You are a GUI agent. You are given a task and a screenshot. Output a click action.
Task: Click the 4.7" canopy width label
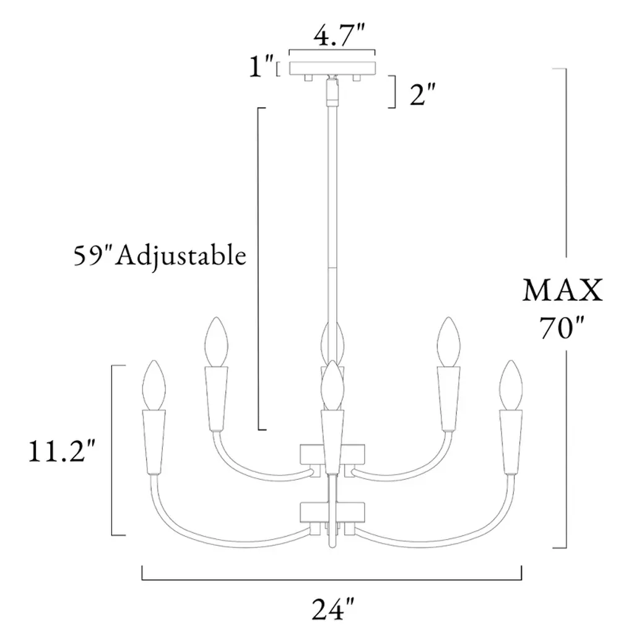[339, 36]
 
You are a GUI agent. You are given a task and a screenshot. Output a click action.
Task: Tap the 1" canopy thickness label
[261, 66]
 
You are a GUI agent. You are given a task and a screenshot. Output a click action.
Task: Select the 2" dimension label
[422, 95]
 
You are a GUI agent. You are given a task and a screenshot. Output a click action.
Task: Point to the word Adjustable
[181, 256]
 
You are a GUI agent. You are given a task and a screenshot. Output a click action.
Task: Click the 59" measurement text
[93, 255]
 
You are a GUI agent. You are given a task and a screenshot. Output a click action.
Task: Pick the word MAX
[562, 291]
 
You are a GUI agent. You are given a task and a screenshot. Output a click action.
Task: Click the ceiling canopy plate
[332, 68]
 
